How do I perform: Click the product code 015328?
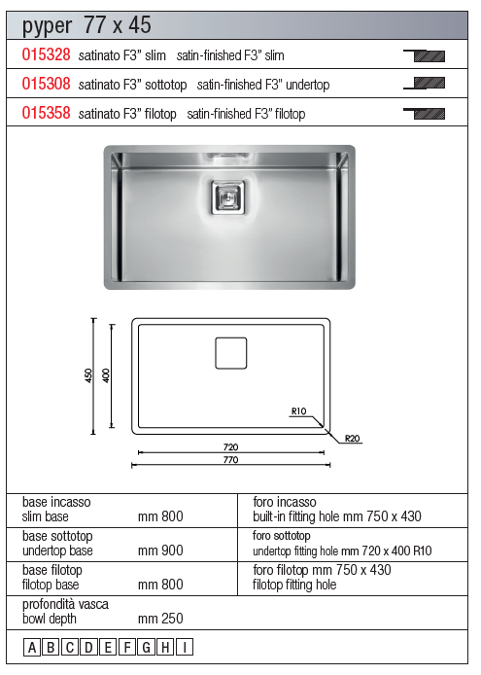pos(46,54)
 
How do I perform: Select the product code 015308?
pos(46,84)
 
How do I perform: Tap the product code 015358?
pos(46,113)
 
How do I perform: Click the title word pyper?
pos(47,26)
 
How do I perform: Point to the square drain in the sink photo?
pos(228,197)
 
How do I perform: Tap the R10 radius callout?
pos(298,411)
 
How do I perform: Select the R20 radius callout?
pos(353,439)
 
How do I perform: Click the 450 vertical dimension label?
pos(88,375)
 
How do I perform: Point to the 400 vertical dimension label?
pos(106,375)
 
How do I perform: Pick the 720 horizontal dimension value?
pos(231,447)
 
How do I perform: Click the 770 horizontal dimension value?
pos(231,460)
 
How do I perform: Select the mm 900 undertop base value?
pos(160,551)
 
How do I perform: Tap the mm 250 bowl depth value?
pos(160,619)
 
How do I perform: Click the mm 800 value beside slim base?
pos(160,516)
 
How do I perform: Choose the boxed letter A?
pos(32,647)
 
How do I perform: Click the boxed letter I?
pos(185,647)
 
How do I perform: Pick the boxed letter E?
pos(108,647)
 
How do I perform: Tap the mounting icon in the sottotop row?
pos(425,83)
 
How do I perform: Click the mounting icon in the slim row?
pos(425,55)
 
